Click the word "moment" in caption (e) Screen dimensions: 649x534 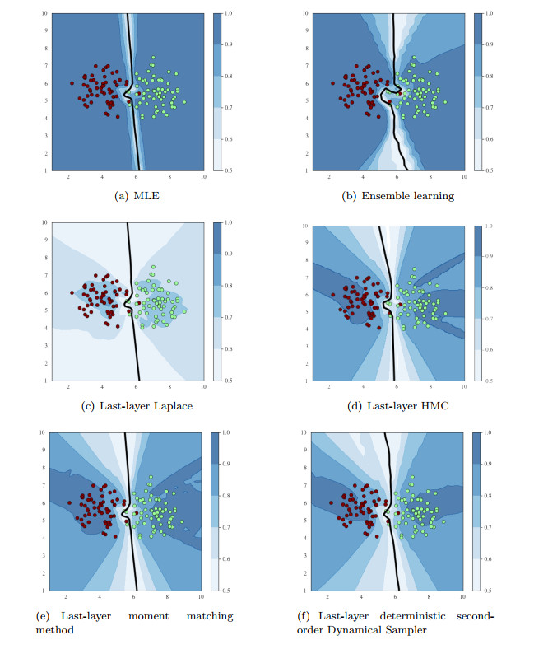click(165, 615)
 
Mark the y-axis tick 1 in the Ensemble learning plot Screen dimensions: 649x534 click(304, 170)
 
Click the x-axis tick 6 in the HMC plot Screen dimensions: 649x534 click(396, 388)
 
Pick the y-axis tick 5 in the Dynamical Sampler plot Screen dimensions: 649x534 click(304, 521)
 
